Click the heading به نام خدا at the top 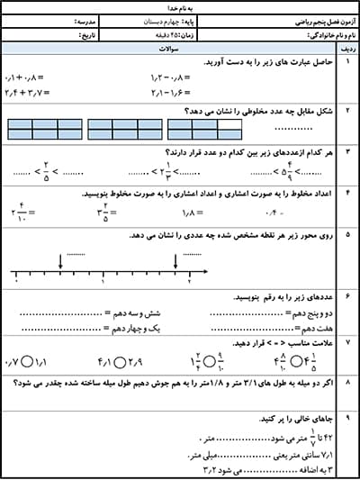coord(180,5)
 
